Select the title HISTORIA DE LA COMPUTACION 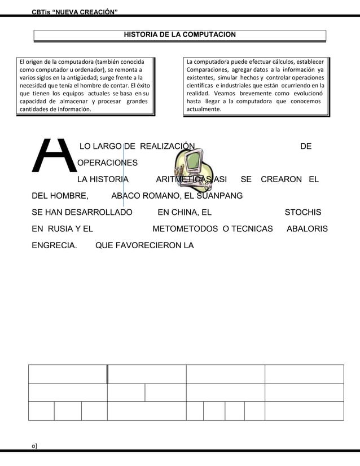point(179,35)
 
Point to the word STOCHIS point(303,213)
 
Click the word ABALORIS point(308,229)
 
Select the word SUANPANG point(220,196)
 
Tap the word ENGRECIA point(54,245)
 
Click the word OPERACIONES point(107,164)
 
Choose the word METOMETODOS point(186,229)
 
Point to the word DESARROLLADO point(100,213)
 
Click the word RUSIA point(59,229)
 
